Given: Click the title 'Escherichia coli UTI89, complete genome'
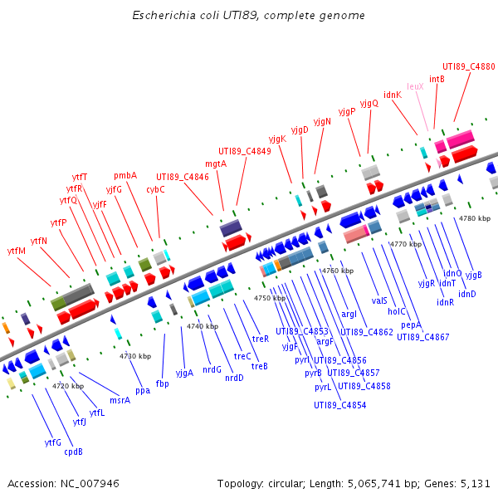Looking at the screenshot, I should click(248, 16).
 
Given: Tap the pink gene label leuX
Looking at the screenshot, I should click(416, 86).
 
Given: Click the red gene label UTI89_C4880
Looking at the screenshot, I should click(468, 66).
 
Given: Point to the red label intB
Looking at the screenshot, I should click(437, 79).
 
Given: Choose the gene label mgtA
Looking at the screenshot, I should click(216, 164).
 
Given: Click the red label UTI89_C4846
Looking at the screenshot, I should click(183, 177).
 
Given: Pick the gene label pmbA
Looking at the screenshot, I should click(125, 175).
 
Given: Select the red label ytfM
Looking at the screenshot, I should click(17, 251).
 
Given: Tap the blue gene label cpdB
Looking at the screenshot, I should click(74, 452).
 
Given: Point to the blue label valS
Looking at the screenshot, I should click(380, 300).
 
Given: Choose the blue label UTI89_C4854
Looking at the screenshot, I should click(339, 405).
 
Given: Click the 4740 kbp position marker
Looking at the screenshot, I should click(202, 326).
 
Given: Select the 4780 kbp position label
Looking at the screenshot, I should click(474, 218).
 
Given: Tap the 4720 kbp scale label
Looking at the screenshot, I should click(68, 386).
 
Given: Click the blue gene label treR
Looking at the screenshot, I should click(261, 339).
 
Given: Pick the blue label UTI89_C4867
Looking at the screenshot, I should click(422, 337).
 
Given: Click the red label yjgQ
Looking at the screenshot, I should click(369, 103).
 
